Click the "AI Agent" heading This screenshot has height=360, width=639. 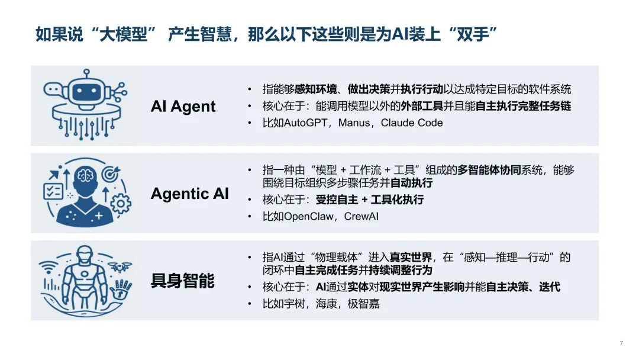click(183, 107)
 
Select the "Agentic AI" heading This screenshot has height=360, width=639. click(189, 194)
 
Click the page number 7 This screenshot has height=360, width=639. click(621, 343)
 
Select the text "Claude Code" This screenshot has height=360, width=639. click(412, 123)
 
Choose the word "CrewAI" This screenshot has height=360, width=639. click(361, 216)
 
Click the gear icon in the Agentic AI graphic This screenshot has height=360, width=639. click(121, 203)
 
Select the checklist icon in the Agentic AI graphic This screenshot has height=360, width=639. click(53, 191)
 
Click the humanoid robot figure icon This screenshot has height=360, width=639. click(86, 277)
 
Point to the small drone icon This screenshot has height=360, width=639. click(120, 267)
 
